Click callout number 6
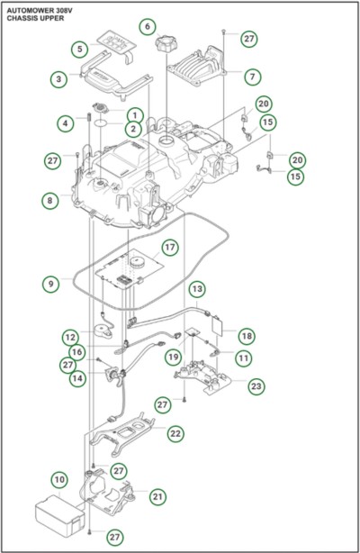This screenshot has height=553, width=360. click(148, 26)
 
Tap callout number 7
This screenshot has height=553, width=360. click(253, 77)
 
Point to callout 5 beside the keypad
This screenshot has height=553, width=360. click(80, 49)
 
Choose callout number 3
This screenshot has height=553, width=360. click(58, 79)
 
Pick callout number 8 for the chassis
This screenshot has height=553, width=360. click(49, 200)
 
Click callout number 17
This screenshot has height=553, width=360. click(170, 247)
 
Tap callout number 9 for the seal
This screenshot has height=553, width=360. click(50, 284)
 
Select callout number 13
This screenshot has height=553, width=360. click(197, 289)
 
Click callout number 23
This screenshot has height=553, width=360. click(256, 386)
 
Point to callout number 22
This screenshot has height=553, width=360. click(175, 433)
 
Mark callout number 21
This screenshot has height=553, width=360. click(157, 496)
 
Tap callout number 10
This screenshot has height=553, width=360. click(59, 480)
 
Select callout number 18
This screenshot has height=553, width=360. click(247, 336)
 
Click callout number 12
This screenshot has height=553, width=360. click(70, 337)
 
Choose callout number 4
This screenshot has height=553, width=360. click(65, 123)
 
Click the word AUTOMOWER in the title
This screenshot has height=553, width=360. click(30, 11)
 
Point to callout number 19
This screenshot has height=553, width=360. click(173, 357)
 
